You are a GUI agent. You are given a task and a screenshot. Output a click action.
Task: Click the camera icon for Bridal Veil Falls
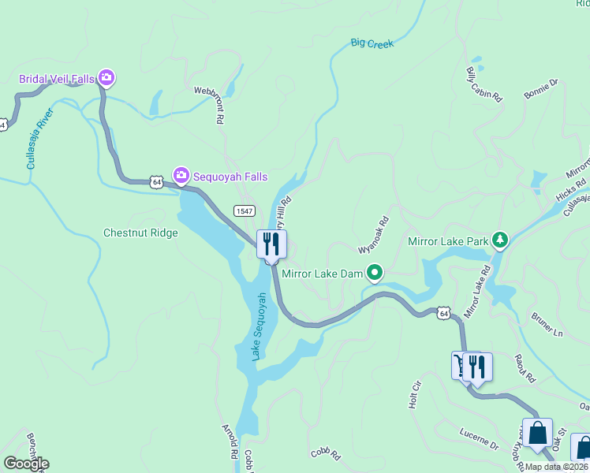[x=106, y=78]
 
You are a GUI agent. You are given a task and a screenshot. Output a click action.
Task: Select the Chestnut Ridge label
[x=140, y=233]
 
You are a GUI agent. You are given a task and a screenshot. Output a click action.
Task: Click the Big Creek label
[x=372, y=44]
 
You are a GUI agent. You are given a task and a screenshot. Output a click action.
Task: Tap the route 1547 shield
[x=244, y=210]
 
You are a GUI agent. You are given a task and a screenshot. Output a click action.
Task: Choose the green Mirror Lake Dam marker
[x=374, y=274]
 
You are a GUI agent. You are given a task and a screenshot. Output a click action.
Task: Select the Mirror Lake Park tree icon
[x=499, y=240]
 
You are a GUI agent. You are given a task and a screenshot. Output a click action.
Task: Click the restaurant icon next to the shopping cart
[x=477, y=367]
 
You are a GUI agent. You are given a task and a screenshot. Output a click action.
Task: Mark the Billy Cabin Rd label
[x=484, y=84]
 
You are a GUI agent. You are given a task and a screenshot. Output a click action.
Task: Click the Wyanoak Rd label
[x=374, y=235]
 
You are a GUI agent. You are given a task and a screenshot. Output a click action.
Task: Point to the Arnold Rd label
[x=230, y=441]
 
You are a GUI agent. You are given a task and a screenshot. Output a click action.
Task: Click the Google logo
[x=25, y=464]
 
